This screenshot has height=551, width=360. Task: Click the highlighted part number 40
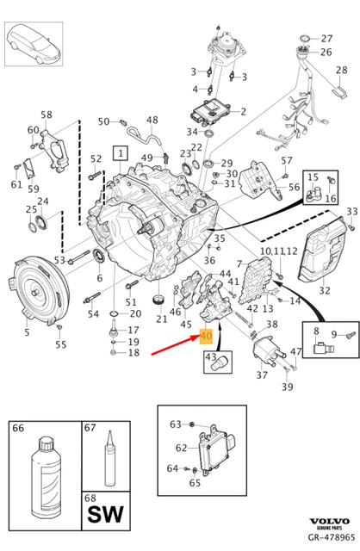(x=207, y=337)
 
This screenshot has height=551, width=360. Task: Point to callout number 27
(x=326, y=40)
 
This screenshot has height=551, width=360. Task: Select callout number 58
(x=47, y=114)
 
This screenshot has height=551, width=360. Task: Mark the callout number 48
(x=152, y=120)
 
